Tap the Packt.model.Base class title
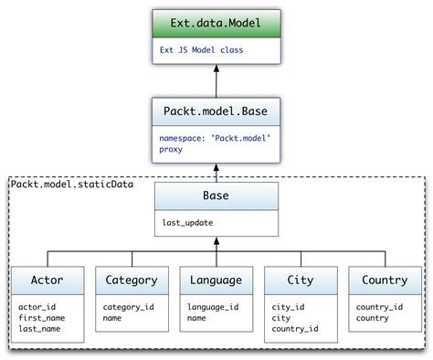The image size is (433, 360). coord(216,114)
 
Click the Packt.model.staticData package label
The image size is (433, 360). coord(71,185)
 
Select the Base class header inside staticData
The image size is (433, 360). coord(216,196)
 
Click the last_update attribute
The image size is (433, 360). coord(188,222)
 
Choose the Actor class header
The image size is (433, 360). coord(47,281)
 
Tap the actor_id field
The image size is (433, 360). coord(38,307)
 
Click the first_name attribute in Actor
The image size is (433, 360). coord(43,317)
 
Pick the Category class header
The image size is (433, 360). coord(132,281)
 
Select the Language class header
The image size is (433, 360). coord(216,281)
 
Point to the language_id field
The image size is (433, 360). coord(214,307)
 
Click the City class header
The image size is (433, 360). coord(300,281)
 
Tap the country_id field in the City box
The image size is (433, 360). coord(294,328)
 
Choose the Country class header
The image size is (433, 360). coord(385,281)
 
